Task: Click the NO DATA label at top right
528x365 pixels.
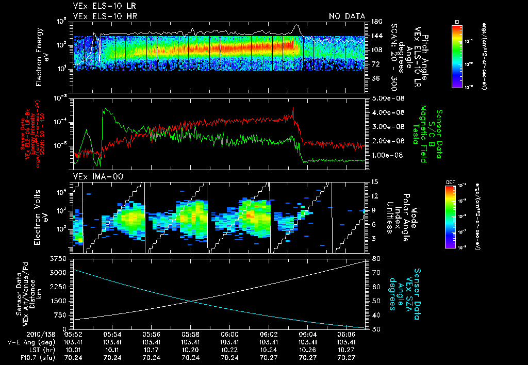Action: point(347,16)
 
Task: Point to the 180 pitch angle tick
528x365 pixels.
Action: point(375,22)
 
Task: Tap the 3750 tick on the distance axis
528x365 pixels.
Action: point(59,258)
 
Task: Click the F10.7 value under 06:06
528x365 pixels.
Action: point(347,357)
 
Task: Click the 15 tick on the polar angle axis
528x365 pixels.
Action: point(374,181)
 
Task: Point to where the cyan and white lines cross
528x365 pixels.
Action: point(191,302)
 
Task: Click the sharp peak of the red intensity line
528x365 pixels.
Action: point(293,108)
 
